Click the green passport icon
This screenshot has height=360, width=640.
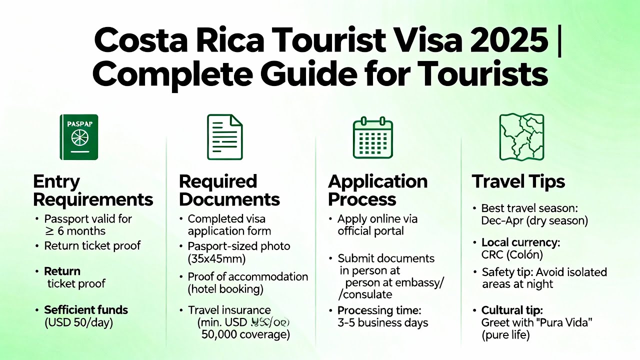(x=79, y=137)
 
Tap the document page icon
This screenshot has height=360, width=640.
(x=224, y=137)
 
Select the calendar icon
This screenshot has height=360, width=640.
(x=372, y=137)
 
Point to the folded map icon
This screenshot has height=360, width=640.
(x=521, y=137)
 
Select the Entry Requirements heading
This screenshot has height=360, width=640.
(x=93, y=190)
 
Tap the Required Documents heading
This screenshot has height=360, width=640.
(x=229, y=190)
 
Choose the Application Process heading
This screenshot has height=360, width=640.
(x=377, y=190)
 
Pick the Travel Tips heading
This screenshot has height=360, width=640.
(x=518, y=181)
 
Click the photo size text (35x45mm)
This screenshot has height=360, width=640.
(x=216, y=259)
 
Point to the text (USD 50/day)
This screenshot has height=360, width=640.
(x=78, y=322)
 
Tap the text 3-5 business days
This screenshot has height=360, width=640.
(x=383, y=323)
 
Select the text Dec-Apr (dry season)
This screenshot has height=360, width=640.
(x=534, y=220)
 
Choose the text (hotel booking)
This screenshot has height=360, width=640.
(x=225, y=289)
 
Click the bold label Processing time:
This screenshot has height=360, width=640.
(x=379, y=310)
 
